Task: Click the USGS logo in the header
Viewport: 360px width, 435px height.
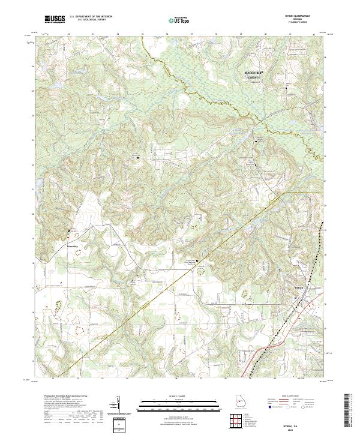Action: coord(53,20)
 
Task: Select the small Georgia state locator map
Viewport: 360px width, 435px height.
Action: coord(242,403)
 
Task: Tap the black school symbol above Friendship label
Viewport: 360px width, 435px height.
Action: coord(69,230)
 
